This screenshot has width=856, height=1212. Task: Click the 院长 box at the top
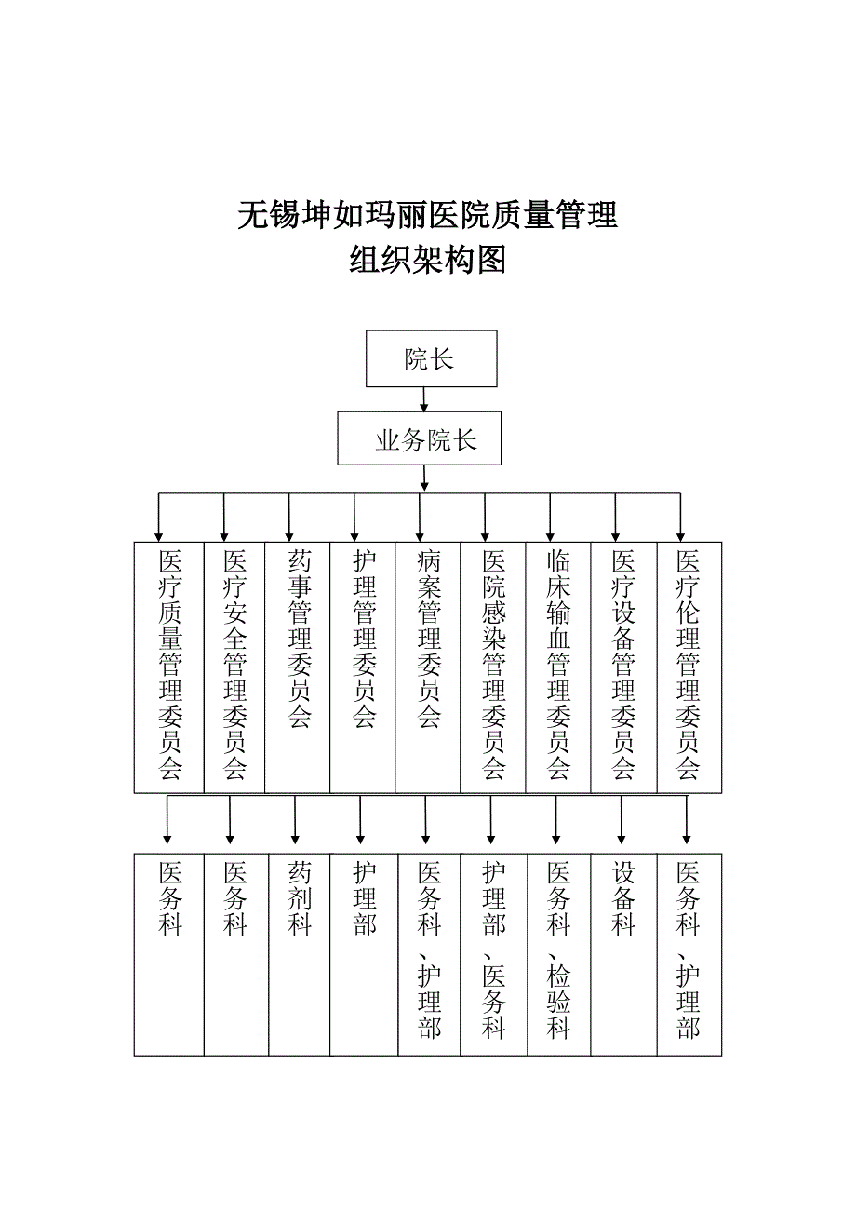tap(431, 358)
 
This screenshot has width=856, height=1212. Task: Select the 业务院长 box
tap(419, 438)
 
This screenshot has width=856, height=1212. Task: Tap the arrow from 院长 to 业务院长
tap(424, 399)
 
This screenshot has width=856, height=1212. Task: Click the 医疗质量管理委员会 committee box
tap(169, 667)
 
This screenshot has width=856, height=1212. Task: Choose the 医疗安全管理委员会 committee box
tap(234, 667)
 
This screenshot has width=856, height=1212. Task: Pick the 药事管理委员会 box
tap(298, 667)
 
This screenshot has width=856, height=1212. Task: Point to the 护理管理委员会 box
tap(362, 667)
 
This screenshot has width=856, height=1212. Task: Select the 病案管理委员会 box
tap(428, 667)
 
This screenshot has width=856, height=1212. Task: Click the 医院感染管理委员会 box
tap(492, 667)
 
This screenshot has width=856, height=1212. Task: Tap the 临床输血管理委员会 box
tap(558, 667)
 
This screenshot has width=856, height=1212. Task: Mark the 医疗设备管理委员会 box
tap(624, 667)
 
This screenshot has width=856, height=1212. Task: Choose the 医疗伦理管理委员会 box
tap(689, 667)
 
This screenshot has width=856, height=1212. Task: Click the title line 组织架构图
tap(427, 260)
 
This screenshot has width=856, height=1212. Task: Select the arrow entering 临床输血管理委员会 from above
tap(550, 518)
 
